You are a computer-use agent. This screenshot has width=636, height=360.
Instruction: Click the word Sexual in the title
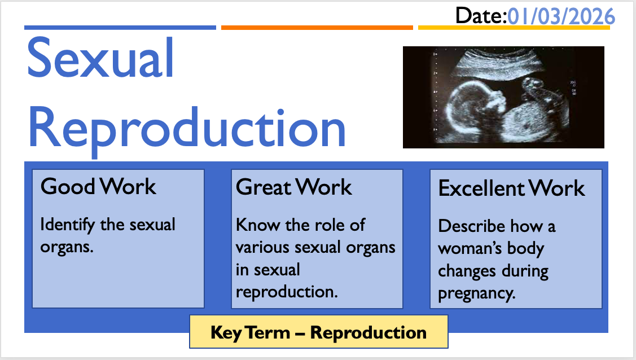click(100, 57)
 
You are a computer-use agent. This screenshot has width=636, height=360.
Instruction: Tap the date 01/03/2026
click(561, 17)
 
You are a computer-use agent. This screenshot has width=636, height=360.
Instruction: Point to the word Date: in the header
click(481, 16)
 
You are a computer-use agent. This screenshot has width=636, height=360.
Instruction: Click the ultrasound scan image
click(503, 97)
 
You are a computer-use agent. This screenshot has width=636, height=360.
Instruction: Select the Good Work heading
click(98, 186)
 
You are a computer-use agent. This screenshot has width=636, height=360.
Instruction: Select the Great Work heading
click(293, 187)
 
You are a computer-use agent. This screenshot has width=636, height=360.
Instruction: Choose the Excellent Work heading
click(511, 188)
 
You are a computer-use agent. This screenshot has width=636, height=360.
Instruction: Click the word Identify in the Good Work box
click(68, 225)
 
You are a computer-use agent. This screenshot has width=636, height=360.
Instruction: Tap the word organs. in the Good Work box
click(67, 247)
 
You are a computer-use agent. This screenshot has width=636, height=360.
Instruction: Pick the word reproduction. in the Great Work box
click(287, 292)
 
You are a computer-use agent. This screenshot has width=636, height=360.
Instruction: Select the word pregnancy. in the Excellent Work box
click(477, 293)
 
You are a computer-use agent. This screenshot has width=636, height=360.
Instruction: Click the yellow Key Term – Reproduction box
click(319, 332)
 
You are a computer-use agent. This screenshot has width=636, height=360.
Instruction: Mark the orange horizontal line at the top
click(317, 28)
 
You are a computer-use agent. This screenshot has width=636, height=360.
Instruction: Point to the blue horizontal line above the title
click(120, 28)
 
